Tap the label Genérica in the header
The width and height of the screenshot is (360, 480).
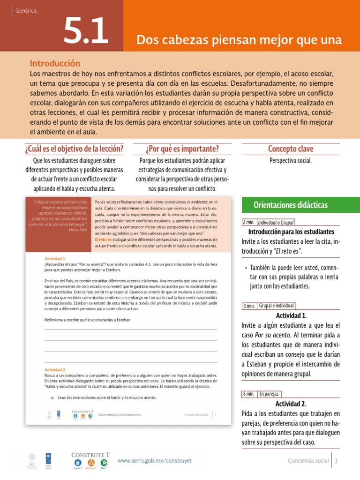click(x=26, y=10)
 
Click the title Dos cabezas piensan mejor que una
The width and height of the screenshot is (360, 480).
click(x=239, y=40)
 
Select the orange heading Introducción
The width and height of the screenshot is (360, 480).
click(x=55, y=63)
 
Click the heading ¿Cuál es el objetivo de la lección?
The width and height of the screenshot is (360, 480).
click(x=74, y=149)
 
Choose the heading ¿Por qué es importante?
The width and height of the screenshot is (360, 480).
click(x=182, y=149)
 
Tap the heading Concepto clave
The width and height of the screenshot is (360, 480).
click(x=291, y=149)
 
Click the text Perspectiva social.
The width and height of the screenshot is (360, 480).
click(x=291, y=161)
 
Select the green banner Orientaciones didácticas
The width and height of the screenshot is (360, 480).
click(x=291, y=205)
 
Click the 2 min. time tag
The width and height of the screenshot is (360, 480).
click(x=249, y=223)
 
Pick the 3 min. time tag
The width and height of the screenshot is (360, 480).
click(x=249, y=306)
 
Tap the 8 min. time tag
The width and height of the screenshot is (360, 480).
click(x=249, y=394)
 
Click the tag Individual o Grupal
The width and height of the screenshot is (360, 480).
click(x=276, y=223)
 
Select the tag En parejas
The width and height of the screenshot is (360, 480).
click(x=269, y=394)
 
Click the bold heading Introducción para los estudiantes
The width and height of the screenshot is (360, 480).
click(x=291, y=232)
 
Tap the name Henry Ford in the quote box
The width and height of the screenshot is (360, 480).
click(x=77, y=230)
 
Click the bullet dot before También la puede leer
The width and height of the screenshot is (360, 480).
click(x=246, y=268)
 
